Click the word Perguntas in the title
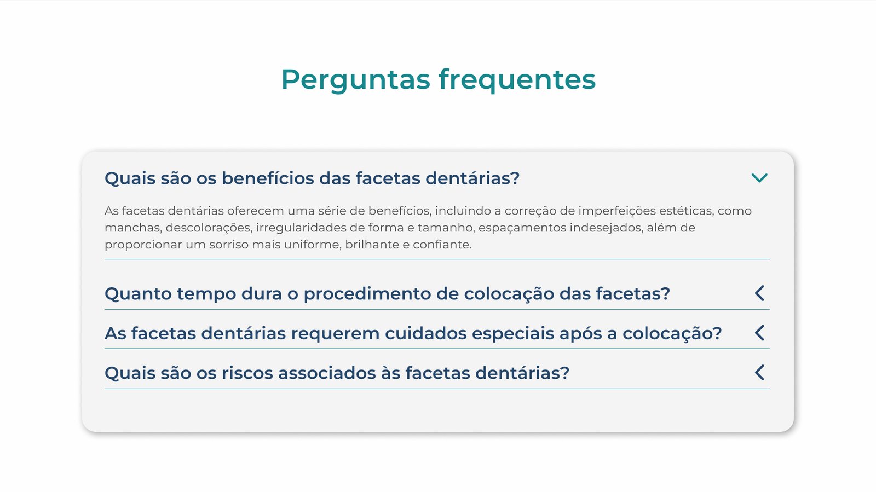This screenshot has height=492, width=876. [355, 80]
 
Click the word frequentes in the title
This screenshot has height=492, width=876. [517, 80]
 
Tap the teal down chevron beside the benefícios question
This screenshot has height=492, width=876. [759, 178]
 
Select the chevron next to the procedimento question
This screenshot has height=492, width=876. [759, 293]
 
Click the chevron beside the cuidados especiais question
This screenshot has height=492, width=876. [759, 333]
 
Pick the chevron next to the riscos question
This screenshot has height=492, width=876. [759, 372]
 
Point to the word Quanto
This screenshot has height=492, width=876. [138, 294]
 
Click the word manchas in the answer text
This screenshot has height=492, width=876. [134, 228]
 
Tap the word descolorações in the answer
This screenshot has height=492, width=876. [209, 228]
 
